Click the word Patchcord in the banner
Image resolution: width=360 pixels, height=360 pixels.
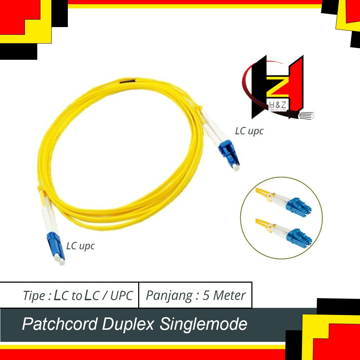[59, 324]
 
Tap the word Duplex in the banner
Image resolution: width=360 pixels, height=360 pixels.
[128, 324]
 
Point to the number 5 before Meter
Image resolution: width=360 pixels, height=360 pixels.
[206, 295]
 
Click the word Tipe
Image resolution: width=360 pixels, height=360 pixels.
[33, 296]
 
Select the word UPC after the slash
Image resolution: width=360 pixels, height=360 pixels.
[122, 296]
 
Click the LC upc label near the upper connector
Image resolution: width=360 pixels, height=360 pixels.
[249, 131]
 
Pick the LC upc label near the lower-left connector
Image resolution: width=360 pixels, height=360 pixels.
[81, 245]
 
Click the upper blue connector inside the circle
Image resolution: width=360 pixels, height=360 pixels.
[298, 205]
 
